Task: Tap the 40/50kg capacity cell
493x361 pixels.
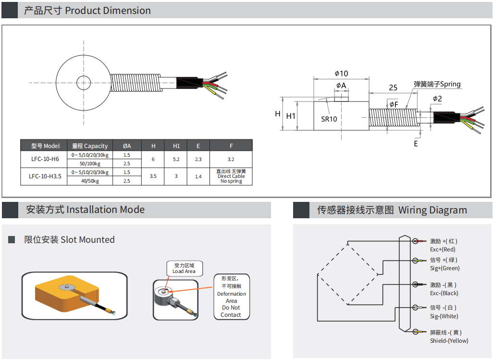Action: click(x=90, y=181)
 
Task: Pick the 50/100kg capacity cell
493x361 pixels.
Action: click(x=90, y=164)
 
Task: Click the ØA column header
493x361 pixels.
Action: click(x=127, y=146)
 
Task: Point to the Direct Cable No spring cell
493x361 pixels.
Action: click(x=231, y=176)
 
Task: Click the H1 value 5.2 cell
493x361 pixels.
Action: click(x=176, y=159)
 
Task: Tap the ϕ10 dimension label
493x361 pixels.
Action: click(x=341, y=74)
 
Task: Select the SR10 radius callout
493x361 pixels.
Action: click(x=329, y=119)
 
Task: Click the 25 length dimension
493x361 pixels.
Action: click(x=393, y=87)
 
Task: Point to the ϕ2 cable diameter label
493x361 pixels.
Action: click(x=437, y=99)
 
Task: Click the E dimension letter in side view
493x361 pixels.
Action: click(x=416, y=143)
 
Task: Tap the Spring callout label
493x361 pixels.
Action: click(x=437, y=84)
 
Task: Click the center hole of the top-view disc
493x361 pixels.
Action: click(x=84, y=83)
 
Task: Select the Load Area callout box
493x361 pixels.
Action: click(x=184, y=268)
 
